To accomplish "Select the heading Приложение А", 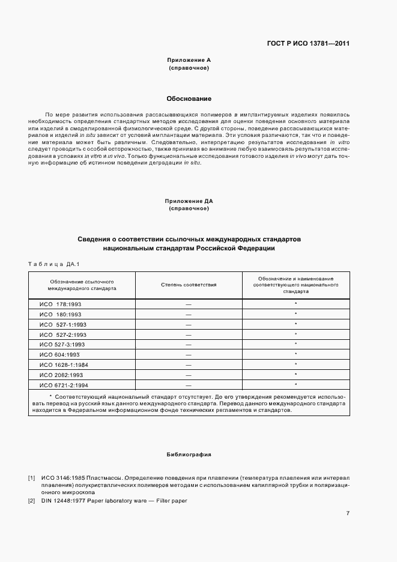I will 189,61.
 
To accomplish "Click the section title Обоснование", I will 189,98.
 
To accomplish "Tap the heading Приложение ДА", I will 189,201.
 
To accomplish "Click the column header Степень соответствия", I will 189,285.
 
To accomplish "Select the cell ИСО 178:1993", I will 60,304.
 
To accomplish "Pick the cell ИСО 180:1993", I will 60,314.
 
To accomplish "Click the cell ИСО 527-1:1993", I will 63,324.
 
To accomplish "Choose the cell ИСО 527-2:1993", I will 63,334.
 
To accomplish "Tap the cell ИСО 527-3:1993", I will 63,344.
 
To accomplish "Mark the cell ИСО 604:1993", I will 59,354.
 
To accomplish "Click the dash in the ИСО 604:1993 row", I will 189,354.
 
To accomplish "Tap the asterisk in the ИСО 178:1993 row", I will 296,304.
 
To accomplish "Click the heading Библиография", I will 189,455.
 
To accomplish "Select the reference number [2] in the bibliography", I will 31,501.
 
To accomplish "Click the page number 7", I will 348,513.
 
